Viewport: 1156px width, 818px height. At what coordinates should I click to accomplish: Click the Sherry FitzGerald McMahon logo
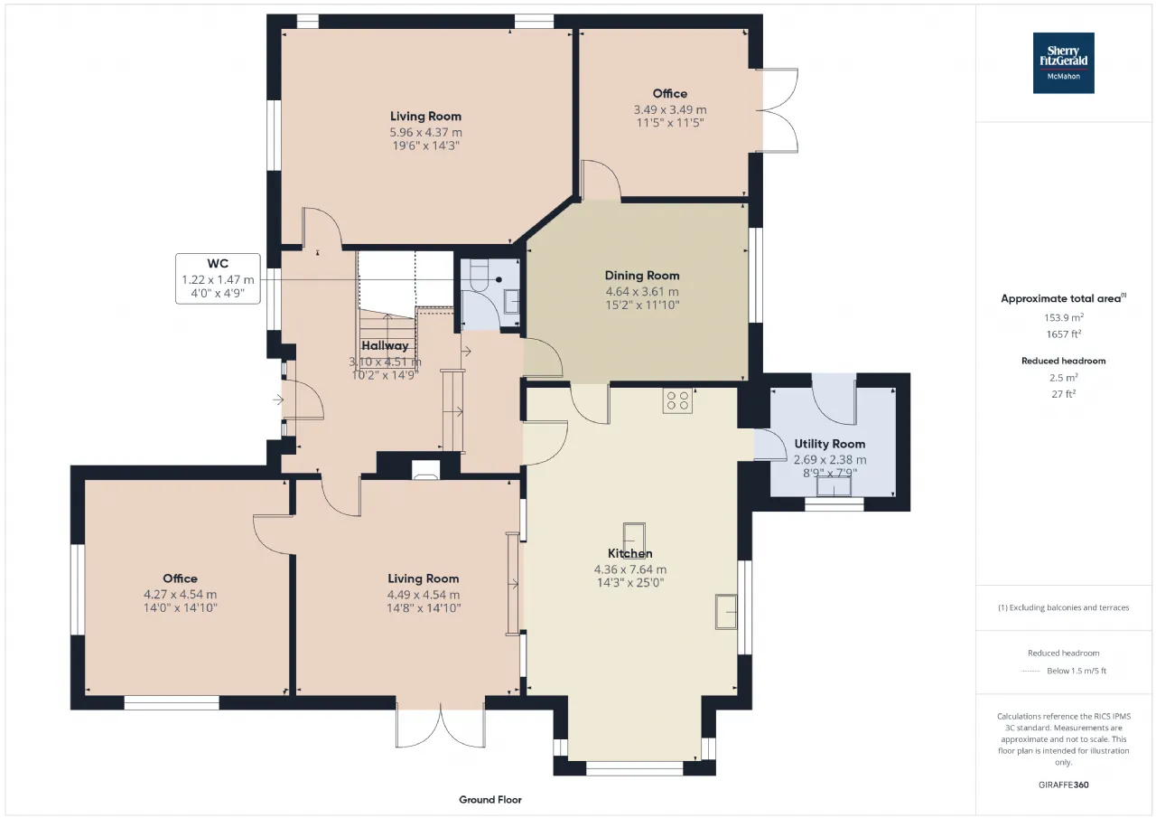1063,63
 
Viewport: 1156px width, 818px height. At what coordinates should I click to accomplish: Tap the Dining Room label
642,276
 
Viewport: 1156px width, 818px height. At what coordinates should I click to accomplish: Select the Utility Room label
829,444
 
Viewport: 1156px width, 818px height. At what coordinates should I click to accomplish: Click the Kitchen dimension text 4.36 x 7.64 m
630,569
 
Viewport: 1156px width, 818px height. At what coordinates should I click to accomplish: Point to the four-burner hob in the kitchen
677,400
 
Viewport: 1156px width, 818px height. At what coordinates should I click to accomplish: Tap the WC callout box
218,279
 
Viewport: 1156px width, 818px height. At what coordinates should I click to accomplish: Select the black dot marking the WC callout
499,279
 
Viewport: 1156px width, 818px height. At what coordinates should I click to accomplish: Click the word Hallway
385,345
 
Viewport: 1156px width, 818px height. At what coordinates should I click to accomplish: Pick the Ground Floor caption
490,799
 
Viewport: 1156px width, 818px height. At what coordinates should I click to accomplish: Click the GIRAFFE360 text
1064,785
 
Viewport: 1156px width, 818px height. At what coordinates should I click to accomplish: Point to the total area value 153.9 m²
1064,317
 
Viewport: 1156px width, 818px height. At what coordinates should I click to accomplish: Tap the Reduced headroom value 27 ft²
1064,393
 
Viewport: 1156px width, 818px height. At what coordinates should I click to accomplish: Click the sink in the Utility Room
834,486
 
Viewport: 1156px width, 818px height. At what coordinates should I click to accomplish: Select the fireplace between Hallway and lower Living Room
425,470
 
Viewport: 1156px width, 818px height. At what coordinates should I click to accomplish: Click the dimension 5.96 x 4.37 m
425,132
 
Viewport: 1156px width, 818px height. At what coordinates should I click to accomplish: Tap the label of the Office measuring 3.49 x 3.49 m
670,93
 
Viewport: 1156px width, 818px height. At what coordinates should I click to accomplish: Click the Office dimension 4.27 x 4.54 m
180,595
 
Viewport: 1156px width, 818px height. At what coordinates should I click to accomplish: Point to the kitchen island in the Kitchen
634,539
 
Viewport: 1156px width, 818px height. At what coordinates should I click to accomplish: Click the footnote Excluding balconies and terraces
1064,607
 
